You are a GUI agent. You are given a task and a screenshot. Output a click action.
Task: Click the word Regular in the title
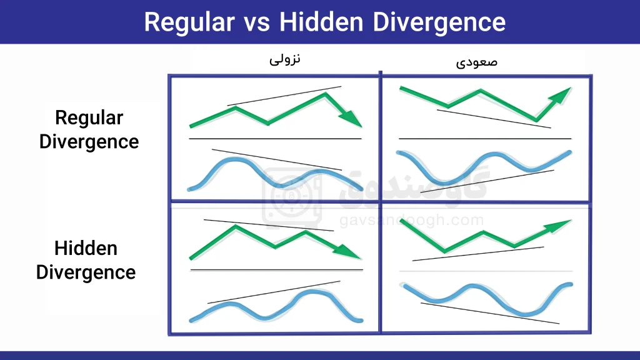[x=189, y=22]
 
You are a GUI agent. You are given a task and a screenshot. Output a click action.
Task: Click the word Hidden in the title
[x=321, y=22]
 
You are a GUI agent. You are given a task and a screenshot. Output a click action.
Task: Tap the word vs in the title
[x=257, y=24]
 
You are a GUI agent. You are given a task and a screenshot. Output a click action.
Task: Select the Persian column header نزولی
[x=285, y=59]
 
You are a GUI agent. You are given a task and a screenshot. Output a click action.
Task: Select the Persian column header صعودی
[x=477, y=62]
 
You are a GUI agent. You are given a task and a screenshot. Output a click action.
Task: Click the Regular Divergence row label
[x=89, y=130]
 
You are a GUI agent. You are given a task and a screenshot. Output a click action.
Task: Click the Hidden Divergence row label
[x=86, y=261]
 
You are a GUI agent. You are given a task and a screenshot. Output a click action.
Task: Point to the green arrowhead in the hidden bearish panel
[x=347, y=251]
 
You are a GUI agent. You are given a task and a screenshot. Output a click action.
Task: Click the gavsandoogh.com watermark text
[x=411, y=221]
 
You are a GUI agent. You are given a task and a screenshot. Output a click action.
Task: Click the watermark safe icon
[x=292, y=196]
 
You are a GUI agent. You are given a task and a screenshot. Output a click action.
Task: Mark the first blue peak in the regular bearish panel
[x=236, y=160]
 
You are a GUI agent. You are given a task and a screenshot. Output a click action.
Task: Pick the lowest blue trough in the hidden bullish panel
[x=524, y=314]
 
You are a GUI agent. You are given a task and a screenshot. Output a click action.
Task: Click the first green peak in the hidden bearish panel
[x=236, y=226]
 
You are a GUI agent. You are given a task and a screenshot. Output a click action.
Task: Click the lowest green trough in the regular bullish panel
[x=536, y=119]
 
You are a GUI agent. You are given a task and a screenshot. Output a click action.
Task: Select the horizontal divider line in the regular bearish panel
[x=276, y=139]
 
